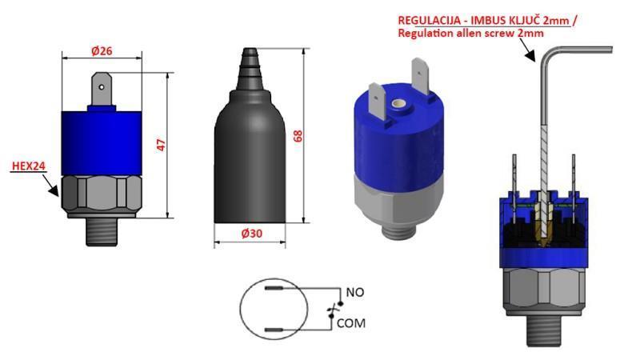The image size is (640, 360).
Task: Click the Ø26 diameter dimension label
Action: (102, 50)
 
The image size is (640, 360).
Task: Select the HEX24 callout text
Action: (28, 167)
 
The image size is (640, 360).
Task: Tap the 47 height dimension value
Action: (160, 145)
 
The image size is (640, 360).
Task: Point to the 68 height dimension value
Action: (298, 135)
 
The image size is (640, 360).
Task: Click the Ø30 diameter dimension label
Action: (254, 234)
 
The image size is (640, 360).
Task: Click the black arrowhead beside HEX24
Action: (52, 190)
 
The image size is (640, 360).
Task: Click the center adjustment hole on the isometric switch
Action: (397, 103)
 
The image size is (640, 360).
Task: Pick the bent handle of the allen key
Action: (576, 50)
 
